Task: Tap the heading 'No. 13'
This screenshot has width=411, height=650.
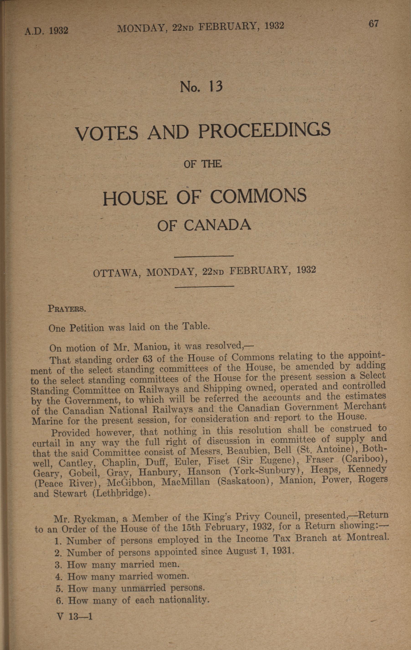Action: pos(201,87)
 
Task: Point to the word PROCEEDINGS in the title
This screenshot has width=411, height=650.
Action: pos(265,130)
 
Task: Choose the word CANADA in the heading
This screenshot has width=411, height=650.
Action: pos(218,225)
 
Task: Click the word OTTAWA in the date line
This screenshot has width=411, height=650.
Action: pos(116,273)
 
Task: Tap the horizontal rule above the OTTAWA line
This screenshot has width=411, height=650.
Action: pos(204,256)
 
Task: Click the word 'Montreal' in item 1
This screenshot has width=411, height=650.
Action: pos(367,537)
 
